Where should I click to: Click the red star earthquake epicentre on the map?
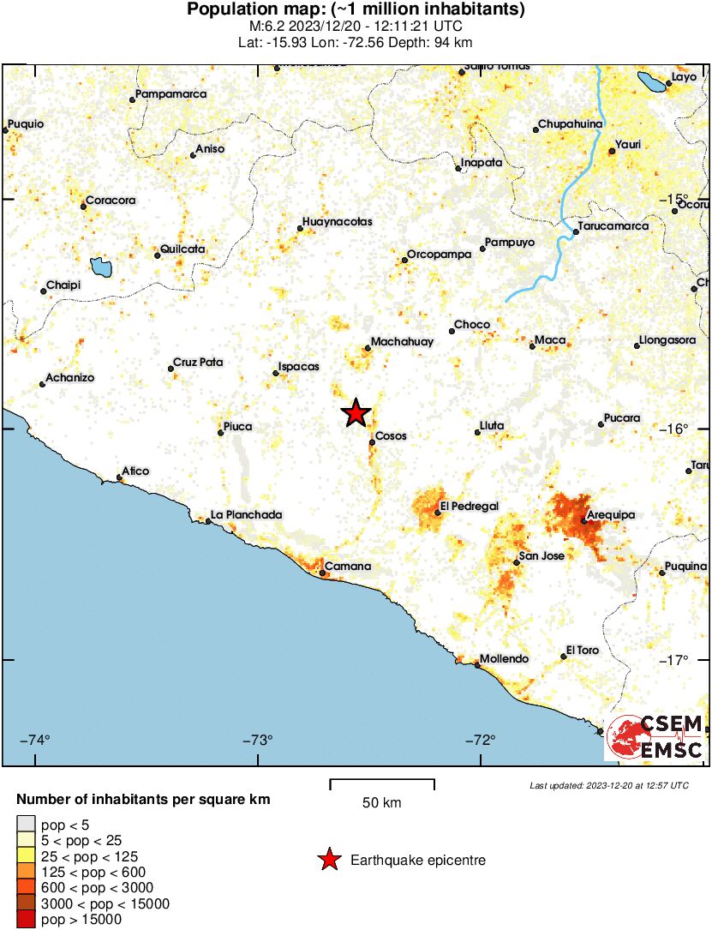tap(356, 413)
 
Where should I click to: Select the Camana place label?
tap(348, 567)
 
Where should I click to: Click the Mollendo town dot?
tap(477, 665)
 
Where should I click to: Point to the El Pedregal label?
tap(469, 507)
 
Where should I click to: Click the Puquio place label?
tap(25, 123)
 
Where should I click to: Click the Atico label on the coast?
tap(135, 471)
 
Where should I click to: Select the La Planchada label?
tap(247, 515)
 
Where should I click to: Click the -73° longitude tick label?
tap(258, 740)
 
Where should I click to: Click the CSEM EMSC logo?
tap(656, 735)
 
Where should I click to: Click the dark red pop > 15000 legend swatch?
tap(26, 920)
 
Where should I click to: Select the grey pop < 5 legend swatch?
tap(26, 825)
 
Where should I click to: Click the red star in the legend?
tap(328, 860)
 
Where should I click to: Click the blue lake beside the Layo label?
tap(652, 82)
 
